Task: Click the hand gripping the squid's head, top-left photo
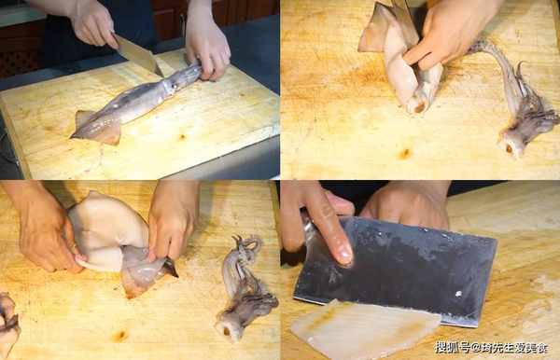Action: (207, 50)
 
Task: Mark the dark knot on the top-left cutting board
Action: (182, 137)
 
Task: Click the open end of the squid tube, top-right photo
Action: (418, 106)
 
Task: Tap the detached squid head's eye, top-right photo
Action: (510, 148)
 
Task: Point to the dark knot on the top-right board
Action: (405, 154)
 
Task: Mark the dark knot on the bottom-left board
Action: (119, 336)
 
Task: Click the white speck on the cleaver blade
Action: (458, 294)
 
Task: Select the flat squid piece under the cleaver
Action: (364, 329)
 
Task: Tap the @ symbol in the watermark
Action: (475, 347)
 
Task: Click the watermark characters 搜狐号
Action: (452, 347)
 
